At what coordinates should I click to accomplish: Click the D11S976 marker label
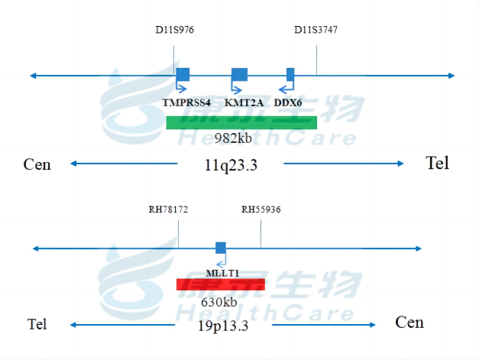pos(174,31)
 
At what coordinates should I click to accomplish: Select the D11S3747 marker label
pos(316,31)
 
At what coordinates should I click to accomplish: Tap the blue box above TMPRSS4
pos(183,74)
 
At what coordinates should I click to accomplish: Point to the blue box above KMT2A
pos(239,74)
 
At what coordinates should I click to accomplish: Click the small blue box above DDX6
pos(290,74)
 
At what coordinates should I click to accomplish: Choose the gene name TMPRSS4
pos(186,103)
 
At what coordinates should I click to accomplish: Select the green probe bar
pos(241,122)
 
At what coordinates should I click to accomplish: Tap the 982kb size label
pos(233,138)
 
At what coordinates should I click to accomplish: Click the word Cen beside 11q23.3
pos(37,164)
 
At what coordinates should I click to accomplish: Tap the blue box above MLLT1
pos(221,248)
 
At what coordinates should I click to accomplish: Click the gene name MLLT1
pos(222,272)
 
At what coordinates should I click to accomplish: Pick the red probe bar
pos(220,284)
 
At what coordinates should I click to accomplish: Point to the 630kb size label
pos(219,301)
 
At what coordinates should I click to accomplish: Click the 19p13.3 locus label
pos(223,325)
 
